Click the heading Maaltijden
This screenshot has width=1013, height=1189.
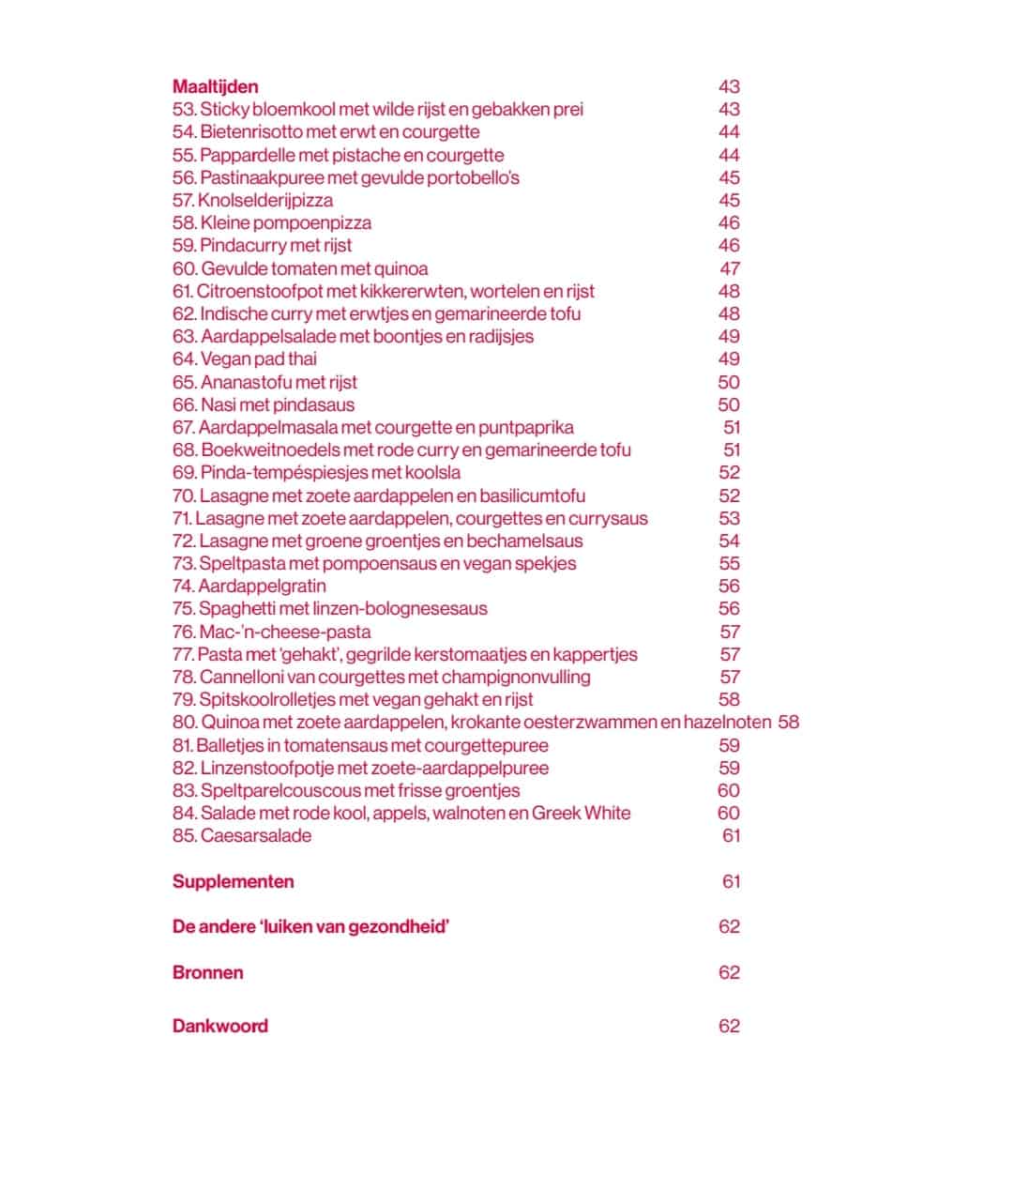click(215, 86)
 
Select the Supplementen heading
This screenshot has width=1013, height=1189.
click(233, 881)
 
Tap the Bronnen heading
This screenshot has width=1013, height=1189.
click(207, 972)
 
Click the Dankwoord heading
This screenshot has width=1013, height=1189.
click(219, 1026)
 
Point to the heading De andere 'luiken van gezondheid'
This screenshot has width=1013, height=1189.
click(310, 926)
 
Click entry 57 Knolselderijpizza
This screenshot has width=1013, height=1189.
click(252, 200)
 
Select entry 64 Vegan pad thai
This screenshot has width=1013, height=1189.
click(245, 358)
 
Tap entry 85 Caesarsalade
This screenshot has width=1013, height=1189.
click(242, 835)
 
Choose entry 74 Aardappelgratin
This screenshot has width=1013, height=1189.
click(249, 586)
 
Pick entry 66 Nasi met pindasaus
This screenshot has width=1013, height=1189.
click(264, 404)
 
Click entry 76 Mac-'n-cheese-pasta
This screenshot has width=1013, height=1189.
click(272, 632)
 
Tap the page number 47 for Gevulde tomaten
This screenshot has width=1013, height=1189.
click(730, 268)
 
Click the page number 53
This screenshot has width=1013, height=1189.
click(729, 518)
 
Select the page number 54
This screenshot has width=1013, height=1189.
click(729, 541)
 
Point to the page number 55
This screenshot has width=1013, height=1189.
click(729, 563)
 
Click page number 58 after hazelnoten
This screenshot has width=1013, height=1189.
click(788, 722)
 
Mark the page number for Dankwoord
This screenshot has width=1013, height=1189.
click(729, 1026)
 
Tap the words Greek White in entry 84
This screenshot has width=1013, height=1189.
click(581, 813)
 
